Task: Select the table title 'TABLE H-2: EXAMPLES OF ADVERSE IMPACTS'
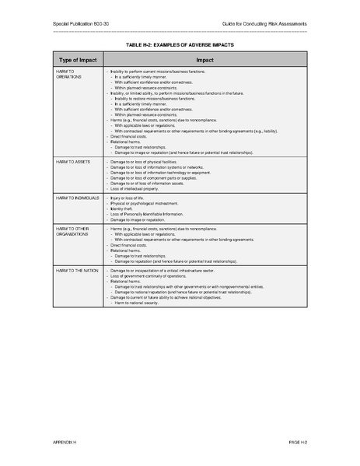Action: pyautogui.click(x=180, y=45)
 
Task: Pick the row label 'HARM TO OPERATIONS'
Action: pyautogui.click(x=68, y=74)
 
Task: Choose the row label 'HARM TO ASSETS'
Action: pyautogui.click(x=73, y=161)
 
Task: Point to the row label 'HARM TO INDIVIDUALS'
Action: pyautogui.click(x=78, y=198)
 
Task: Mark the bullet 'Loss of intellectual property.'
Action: pyautogui.click(x=138, y=188)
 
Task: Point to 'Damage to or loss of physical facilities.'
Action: pyautogui.click(x=148, y=161)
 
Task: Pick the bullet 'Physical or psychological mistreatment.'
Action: pyautogui.click(x=145, y=204)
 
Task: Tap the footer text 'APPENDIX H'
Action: pyautogui.click(x=66, y=441)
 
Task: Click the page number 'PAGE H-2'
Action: pyautogui.click(x=299, y=441)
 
